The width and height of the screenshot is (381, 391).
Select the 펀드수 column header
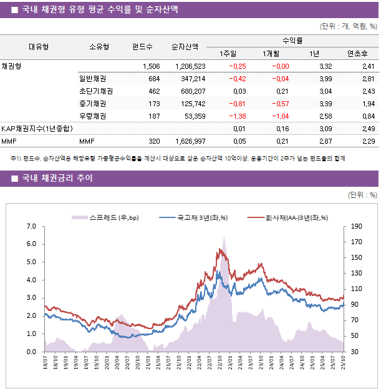(143, 46)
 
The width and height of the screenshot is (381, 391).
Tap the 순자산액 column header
(185, 46)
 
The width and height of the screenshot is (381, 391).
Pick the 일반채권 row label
(92, 79)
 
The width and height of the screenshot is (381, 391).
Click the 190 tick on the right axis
(356, 226)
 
